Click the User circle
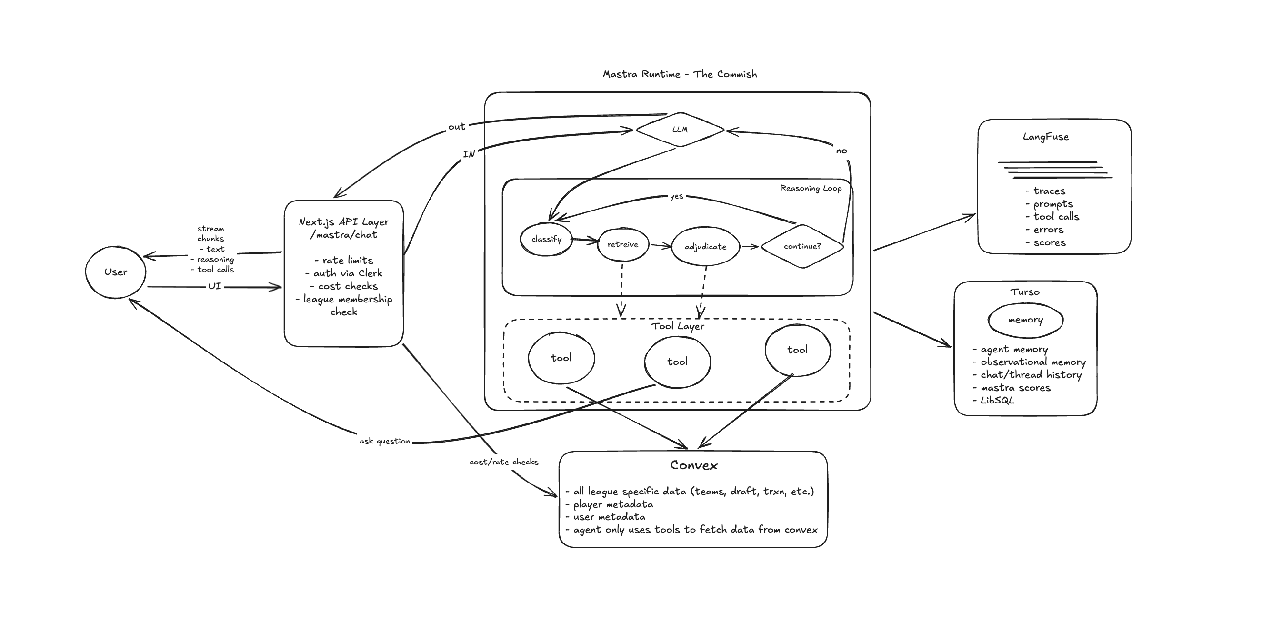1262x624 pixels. pyautogui.click(x=116, y=272)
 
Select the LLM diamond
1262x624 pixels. pyautogui.click(x=680, y=130)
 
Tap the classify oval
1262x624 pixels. pyautogui.click(x=546, y=239)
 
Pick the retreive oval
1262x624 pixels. pyautogui.click(x=623, y=244)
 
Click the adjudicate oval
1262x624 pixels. pyautogui.click(x=705, y=247)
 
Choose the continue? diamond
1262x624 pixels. pyautogui.click(x=802, y=246)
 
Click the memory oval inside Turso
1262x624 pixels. pyautogui.click(x=1025, y=320)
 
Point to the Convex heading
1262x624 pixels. pyautogui.click(x=694, y=465)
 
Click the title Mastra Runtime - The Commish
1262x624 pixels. pyautogui.click(x=680, y=74)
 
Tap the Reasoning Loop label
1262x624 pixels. pyautogui.click(x=811, y=188)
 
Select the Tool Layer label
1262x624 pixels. pyautogui.click(x=678, y=326)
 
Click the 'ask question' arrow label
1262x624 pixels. pyautogui.click(x=385, y=441)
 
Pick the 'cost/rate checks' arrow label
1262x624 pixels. pyautogui.click(x=504, y=462)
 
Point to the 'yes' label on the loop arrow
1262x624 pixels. pyautogui.click(x=677, y=196)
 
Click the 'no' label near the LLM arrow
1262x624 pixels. pyautogui.click(x=841, y=151)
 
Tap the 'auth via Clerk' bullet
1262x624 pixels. pyautogui.click(x=347, y=273)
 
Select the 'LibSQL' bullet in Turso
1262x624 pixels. pyautogui.click(x=996, y=401)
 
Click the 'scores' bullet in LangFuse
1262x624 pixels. pyautogui.click(x=1049, y=242)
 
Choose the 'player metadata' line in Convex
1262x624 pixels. pyautogui.click(x=612, y=504)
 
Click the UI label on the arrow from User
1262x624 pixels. pyautogui.click(x=215, y=286)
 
